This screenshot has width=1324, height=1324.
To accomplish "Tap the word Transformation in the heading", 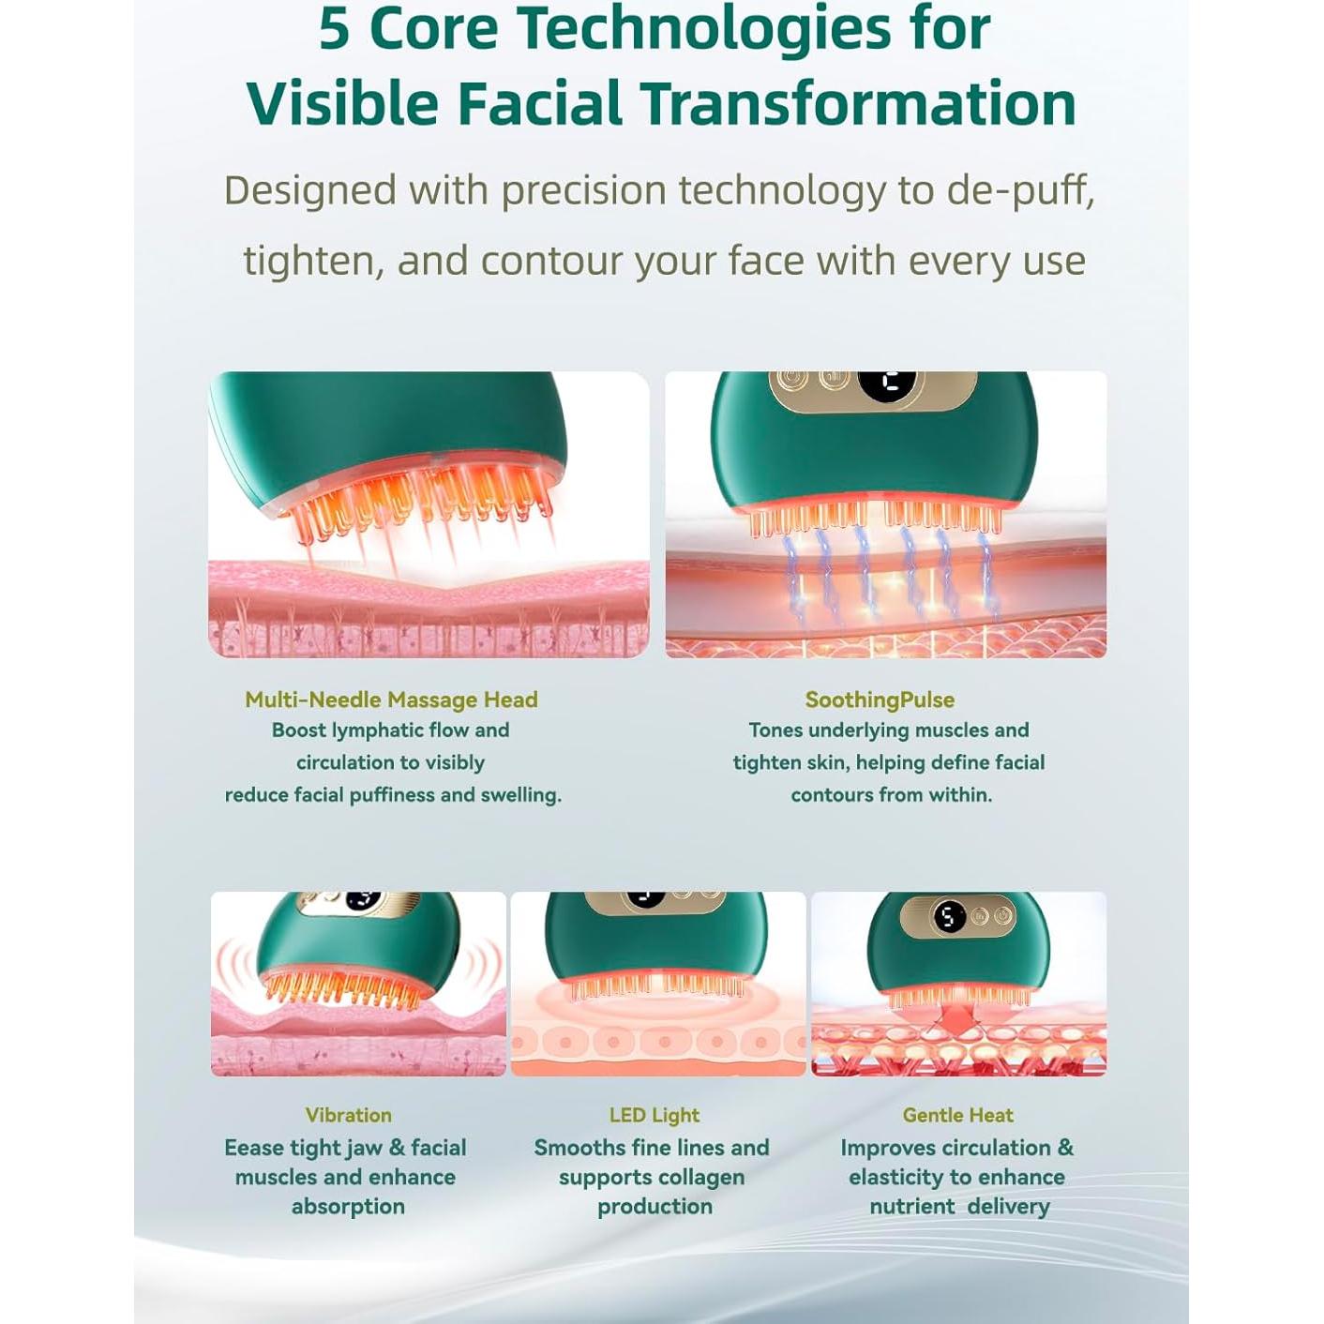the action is (859, 103).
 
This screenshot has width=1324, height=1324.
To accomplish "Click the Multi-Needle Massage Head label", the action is (392, 700).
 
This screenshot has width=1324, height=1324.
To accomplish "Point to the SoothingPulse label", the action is (880, 700).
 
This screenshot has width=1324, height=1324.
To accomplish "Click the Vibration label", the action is (349, 1115).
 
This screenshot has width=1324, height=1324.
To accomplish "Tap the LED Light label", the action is (654, 1115).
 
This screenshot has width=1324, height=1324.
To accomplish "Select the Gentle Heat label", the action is (958, 1115).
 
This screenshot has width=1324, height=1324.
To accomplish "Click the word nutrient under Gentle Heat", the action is (911, 1207).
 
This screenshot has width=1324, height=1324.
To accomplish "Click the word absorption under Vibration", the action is (349, 1207).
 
